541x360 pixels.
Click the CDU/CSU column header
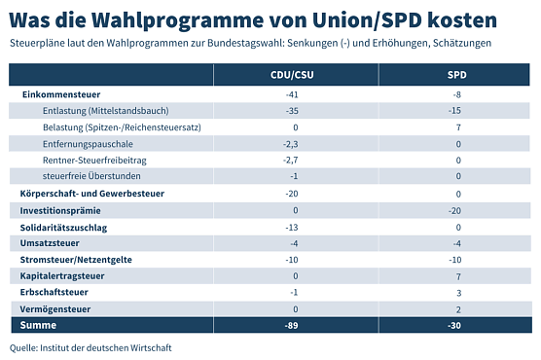pos(294,75)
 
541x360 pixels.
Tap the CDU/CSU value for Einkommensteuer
pos(294,94)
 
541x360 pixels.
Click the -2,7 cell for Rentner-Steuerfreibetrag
pos(294,160)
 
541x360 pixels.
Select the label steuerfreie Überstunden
pos(92,176)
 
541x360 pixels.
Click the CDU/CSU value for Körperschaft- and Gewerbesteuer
pos(294,194)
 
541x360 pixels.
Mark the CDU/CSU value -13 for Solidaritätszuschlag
pos(294,227)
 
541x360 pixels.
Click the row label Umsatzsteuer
pos(50,242)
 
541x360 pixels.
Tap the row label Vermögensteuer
pos(56,308)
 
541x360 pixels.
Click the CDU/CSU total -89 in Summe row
pos(294,325)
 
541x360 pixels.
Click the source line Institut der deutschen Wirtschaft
pos(83,347)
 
